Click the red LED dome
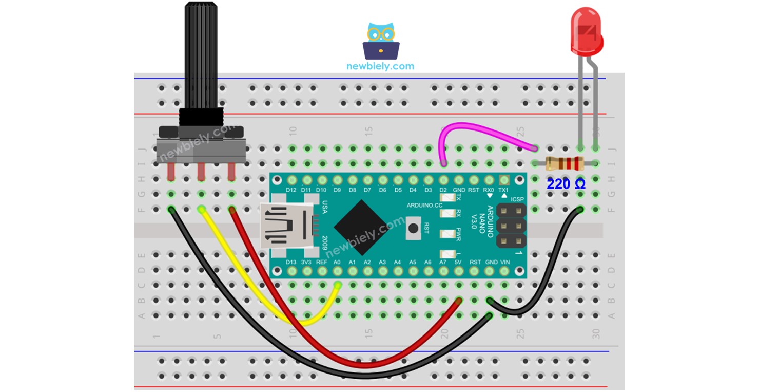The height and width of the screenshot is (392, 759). [x=586, y=31]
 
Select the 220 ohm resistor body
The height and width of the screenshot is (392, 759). [x=564, y=164]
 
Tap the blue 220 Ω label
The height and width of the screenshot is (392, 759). [x=566, y=184]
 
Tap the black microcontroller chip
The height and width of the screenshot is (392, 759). [x=361, y=227]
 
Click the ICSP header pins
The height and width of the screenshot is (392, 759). [x=510, y=227]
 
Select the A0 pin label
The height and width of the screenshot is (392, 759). [x=337, y=262]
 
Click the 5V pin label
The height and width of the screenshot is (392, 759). [x=459, y=262]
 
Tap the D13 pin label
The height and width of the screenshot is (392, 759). [x=291, y=262]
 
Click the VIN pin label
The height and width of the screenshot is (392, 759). [x=505, y=262]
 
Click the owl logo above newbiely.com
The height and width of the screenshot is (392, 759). [x=380, y=41]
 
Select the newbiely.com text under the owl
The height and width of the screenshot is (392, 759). [x=380, y=66]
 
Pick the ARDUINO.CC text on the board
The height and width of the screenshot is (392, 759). [x=424, y=206]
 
